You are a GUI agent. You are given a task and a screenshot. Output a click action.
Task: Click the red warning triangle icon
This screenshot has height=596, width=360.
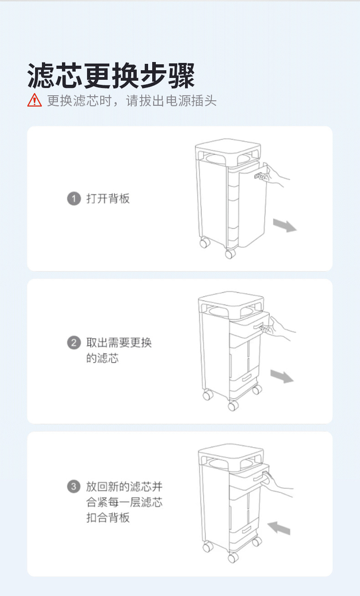point(34,99)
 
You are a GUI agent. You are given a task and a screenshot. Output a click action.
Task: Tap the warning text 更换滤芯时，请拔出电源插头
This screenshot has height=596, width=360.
point(132,100)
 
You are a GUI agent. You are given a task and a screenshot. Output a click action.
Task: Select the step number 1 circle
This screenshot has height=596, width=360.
point(74,199)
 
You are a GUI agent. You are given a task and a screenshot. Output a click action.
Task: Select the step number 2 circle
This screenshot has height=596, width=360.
point(74,343)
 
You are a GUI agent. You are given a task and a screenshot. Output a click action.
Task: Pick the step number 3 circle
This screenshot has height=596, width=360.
point(74,487)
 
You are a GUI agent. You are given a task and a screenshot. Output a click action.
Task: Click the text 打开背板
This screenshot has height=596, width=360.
point(108,199)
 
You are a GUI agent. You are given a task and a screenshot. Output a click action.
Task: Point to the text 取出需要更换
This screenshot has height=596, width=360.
point(119,343)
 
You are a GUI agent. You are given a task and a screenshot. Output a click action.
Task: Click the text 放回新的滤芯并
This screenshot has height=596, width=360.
point(124,487)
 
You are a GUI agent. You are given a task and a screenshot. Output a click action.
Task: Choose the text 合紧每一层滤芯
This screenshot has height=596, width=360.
point(124,502)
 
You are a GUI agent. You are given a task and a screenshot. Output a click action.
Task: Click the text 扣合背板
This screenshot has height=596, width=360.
point(108,518)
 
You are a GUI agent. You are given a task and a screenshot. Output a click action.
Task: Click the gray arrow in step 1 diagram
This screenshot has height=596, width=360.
point(285,225)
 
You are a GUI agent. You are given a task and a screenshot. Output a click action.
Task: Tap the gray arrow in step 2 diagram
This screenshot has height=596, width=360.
point(282,376)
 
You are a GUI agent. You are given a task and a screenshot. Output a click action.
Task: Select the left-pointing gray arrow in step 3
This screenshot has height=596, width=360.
point(278,528)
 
